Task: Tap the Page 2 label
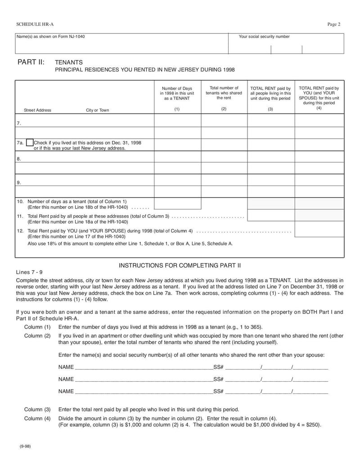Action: pyautogui.click(x=333, y=24)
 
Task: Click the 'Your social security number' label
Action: pyautogui.click(x=264, y=37)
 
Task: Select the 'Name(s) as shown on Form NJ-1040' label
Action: pyautogui.click(x=50, y=37)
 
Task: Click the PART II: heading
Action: pyautogui.click(x=31, y=62)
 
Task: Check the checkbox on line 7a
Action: pyautogui.click(x=30, y=143)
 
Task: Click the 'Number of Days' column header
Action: pyautogui.click(x=177, y=93)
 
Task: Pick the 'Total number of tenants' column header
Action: pyautogui.click(x=224, y=93)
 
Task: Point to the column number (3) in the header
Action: pyautogui.click(x=270, y=109)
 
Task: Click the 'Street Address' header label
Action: pyautogui.click(x=37, y=110)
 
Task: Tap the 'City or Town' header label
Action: pyautogui.click(x=97, y=110)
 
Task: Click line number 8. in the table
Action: pyautogui.click(x=19, y=159)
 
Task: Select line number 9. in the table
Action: pyautogui.click(x=19, y=183)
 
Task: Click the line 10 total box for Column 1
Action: pyautogui.click(x=177, y=204)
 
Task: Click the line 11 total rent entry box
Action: pyautogui.click(x=271, y=216)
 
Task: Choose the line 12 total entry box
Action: pyautogui.click(x=319, y=229)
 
